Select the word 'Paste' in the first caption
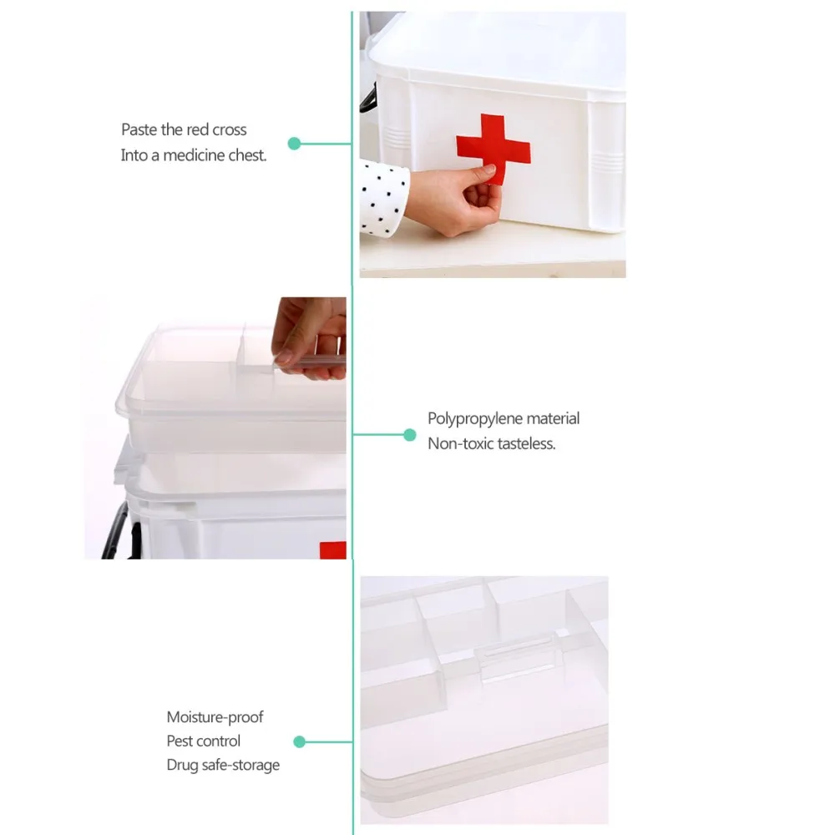(x=139, y=129)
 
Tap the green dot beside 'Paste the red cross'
(x=294, y=144)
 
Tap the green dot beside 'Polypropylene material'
(x=409, y=435)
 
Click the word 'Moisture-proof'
(x=215, y=717)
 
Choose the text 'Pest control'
(x=204, y=741)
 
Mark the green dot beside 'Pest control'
(x=299, y=741)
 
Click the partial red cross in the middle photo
(x=333, y=550)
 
